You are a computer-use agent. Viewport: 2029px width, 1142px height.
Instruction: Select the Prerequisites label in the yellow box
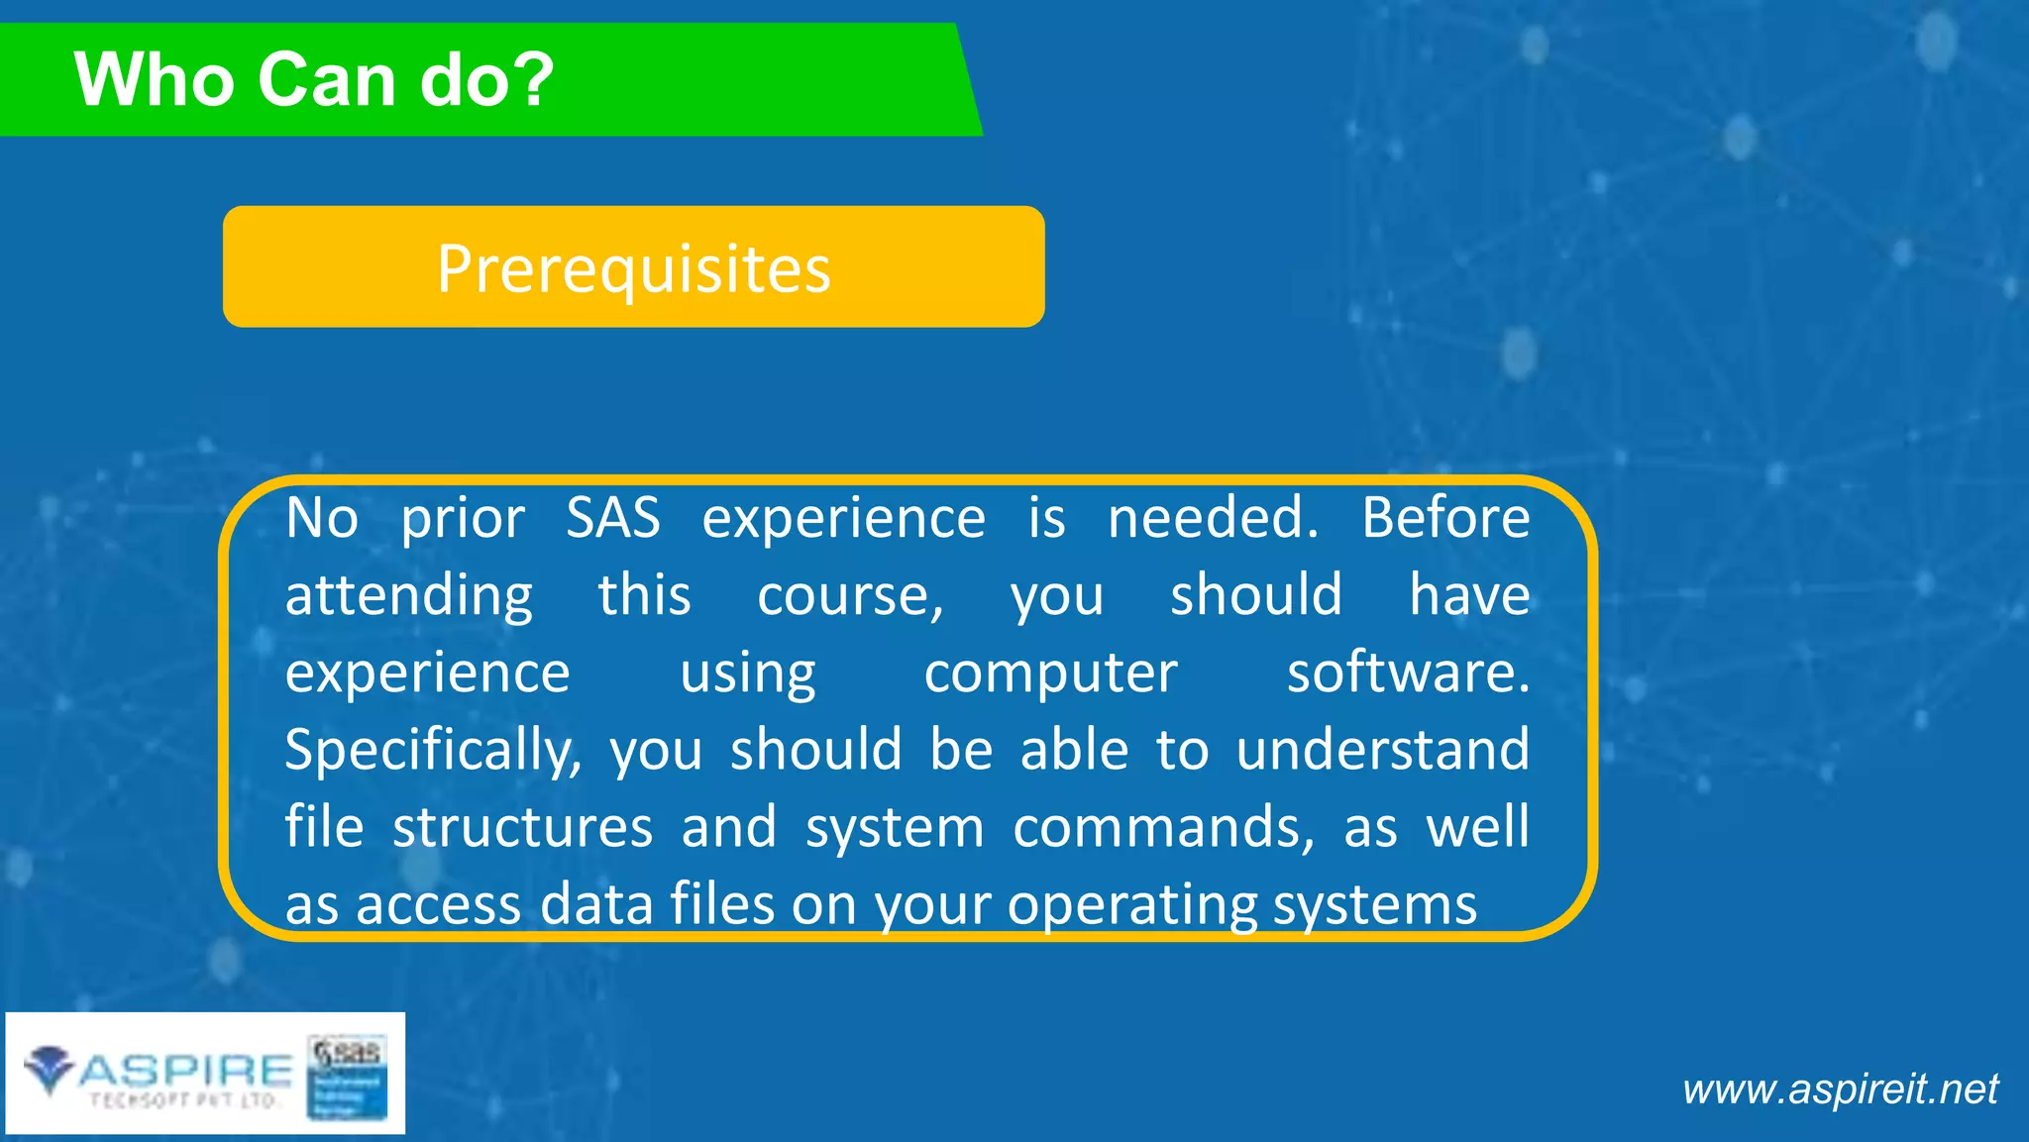coord(634,268)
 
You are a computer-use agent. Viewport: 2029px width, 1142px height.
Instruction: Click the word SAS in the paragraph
coord(612,518)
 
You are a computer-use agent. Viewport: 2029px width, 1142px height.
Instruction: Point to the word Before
coord(1445,518)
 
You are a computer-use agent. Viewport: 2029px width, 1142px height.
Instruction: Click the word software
coord(1407,673)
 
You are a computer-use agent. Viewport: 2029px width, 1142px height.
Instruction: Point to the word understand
coord(1382,749)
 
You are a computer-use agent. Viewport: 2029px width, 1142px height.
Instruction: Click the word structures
coord(522,827)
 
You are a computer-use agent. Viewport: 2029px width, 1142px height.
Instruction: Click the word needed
coord(1213,518)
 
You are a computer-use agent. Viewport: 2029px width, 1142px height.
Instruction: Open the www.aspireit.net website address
coord(1840,1090)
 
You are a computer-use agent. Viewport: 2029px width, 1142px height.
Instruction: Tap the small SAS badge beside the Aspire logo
coord(347,1077)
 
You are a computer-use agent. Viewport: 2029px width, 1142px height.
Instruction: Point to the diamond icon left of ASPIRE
coord(49,1070)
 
